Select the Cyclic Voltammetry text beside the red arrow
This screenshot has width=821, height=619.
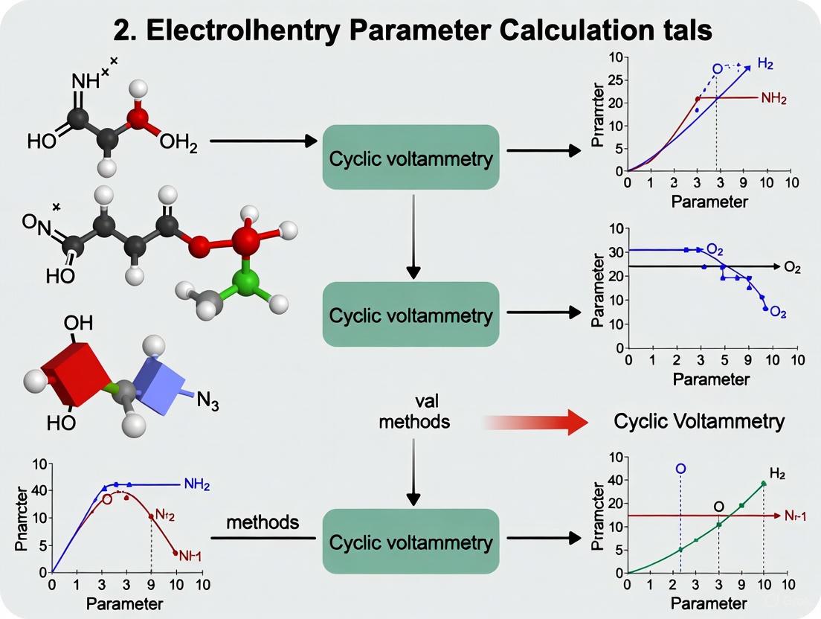click(x=699, y=422)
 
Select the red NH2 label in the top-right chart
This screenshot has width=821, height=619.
click(x=774, y=98)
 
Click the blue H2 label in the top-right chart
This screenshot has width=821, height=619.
click(x=765, y=65)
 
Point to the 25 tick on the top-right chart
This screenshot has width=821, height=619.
click(x=616, y=80)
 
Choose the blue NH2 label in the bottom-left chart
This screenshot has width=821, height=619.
click(x=196, y=485)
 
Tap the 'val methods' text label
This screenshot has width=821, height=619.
click(x=414, y=411)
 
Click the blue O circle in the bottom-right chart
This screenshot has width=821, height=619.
click(x=680, y=469)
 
